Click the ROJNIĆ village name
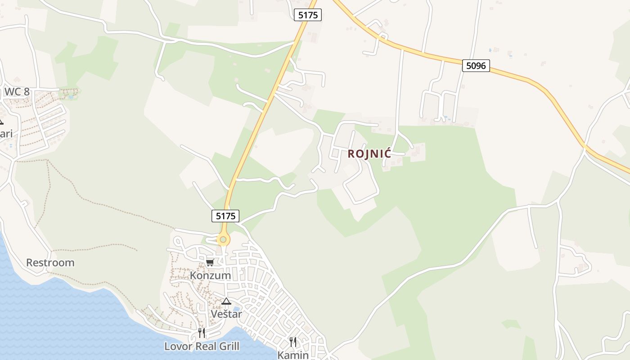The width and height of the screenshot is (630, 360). pyautogui.click(x=369, y=153)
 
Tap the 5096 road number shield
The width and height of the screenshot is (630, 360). pyautogui.click(x=476, y=66)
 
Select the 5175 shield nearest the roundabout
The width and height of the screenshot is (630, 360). pyautogui.click(x=225, y=216)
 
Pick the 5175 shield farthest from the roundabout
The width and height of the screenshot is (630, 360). pyautogui.click(x=308, y=15)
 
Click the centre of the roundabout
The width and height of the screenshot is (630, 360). pyautogui.click(x=223, y=239)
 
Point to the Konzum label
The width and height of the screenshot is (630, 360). pyautogui.click(x=211, y=275)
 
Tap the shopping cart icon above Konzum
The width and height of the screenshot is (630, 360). pyautogui.click(x=210, y=262)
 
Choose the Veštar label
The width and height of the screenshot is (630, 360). pyautogui.click(x=226, y=314)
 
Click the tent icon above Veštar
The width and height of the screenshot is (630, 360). pyautogui.click(x=226, y=301)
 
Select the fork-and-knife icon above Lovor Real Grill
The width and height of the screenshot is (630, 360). pyautogui.click(x=202, y=333)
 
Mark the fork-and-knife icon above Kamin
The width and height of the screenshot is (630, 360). pyautogui.click(x=293, y=342)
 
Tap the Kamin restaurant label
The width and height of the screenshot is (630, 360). pyautogui.click(x=293, y=355)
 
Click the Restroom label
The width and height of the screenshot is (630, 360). pyautogui.click(x=50, y=262)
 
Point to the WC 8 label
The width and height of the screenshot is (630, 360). pyautogui.click(x=17, y=92)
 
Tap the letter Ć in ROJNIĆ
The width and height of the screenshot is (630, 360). pyautogui.click(x=387, y=153)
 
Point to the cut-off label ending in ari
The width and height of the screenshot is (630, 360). pyautogui.click(x=6, y=134)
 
